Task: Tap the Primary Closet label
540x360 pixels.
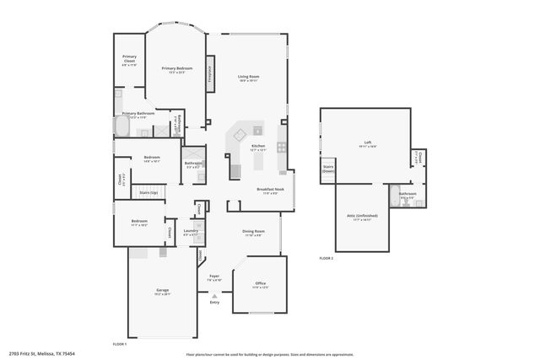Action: click(x=129, y=60)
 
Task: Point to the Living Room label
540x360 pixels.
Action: click(x=248, y=78)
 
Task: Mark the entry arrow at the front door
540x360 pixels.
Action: click(x=214, y=296)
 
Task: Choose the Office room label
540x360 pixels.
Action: click(x=261, y=284)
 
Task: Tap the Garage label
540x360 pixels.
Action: click(x=162, y=292)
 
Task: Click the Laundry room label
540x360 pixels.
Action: click(x=191, y=231)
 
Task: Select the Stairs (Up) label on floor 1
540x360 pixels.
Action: click(x=148, y=193)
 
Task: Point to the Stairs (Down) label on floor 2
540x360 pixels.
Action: click(x=328, y=169)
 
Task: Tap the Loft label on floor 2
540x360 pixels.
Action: click(x=367, y=142)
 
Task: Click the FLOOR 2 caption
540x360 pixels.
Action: click(x=326, y=258)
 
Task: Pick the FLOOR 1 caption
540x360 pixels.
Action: click(x=120, y=344)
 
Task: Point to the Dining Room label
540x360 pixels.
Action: click(x=254, y=232)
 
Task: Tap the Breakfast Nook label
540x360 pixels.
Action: click(x=270, y=190)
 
